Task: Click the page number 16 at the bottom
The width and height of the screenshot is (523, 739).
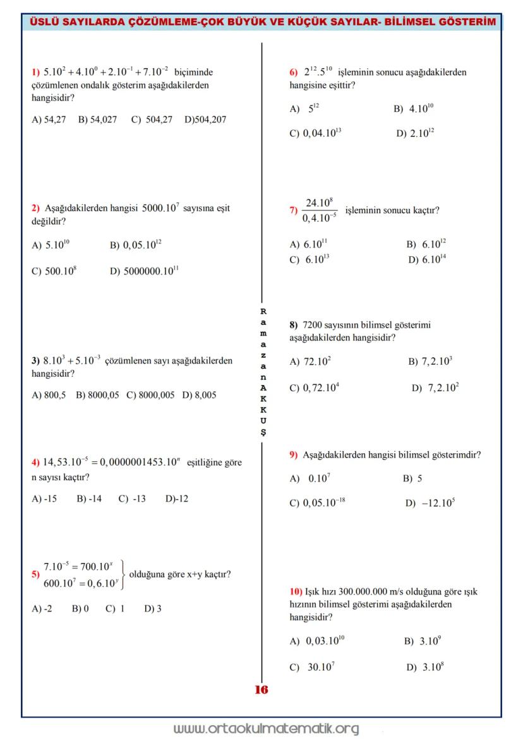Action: click(x=261, y=690)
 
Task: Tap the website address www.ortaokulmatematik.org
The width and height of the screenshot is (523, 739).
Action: click(x=266, y=729)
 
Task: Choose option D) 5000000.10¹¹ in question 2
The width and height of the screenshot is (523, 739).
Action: click(x=144, y=271)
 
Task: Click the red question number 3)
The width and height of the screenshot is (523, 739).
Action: click(x=36, y=362)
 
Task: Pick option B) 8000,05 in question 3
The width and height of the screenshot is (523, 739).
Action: click(x=97, y=395)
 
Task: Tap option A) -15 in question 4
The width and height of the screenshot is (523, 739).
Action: click(x=44, y=499)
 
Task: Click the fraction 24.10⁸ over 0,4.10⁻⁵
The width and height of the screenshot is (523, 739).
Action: click(x=319, y=210)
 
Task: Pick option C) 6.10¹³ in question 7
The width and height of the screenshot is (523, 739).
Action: click(x=310, y=259)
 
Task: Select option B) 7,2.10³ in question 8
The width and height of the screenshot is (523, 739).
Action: click(x=430, y=362)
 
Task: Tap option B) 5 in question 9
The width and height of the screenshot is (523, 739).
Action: click(x=412, y=478)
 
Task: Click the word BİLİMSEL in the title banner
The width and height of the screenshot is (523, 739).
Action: click(x=411, y=23)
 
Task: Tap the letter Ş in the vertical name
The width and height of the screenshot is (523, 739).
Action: click(x=263, y=432)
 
